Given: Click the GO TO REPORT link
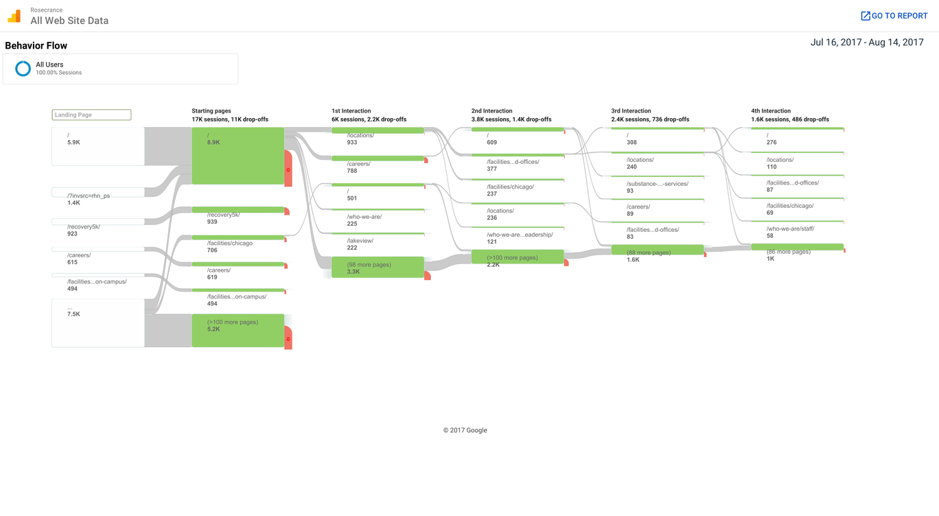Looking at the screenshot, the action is pyautogui.click(x=894, y=16).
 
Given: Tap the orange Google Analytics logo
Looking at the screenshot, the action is pyautogui.click(x=14, y=16).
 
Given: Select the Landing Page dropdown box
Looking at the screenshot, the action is pyautogui.click(x=91, y=115).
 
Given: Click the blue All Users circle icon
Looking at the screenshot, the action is pyautogui.click(x=23, y=69).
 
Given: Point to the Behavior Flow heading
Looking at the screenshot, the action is pyautogui.click(x=36, y=46).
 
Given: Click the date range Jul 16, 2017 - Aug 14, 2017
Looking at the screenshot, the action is pyautogui.click(x=867, y=43).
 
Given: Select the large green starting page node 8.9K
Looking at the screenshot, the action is pyautogui.click(x=237, y=156).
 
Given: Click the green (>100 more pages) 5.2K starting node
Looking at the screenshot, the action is pyautogui.click(x=237, y=330).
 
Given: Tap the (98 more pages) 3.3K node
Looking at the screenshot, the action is pyautogui.click(x=378, y=267).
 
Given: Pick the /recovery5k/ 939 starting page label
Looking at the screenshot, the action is pyautogui.click(x=224, y=218).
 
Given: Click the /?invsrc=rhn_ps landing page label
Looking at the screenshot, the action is pyautogui.click(x=89, y=196).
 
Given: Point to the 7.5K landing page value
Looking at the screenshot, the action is pyautogui.click(x=73, y=314).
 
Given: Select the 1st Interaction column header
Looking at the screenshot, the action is pyautogui.click(x=351, y=111).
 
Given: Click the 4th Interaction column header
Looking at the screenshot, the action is pyautogui.click(x=771, y=111).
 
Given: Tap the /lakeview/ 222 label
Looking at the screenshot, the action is pyautogui.click(x=360, y=244).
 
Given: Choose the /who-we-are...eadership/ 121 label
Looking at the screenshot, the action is pyautogui.click(x=520, y=238).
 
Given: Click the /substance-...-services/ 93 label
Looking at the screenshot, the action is pyautogui.click(x=658, y=187).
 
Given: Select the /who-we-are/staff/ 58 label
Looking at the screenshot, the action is pyautogui.click(x=791, y=232).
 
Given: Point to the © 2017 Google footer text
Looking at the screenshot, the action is pyautogui.click(x=465, y=430).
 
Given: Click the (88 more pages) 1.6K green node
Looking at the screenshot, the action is pyautogui.click(x=658, y=250).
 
